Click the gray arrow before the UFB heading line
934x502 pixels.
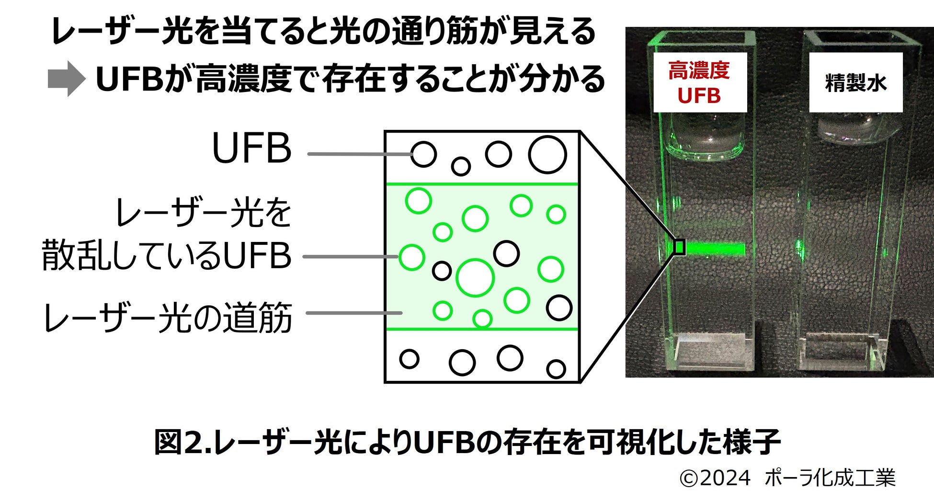tap(67, 79)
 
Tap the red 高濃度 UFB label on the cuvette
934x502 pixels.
tap(699, 83)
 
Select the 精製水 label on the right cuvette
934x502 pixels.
tap(855, 83)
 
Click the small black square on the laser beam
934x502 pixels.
tap(679, 247)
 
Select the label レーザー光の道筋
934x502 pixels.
tap(168, 318)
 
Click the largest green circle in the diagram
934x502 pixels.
tap(475, 278)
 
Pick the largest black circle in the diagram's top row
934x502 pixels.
tap(547, 155)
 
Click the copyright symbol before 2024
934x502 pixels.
tap(688, 479)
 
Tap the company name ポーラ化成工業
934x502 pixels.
tap(830, 478)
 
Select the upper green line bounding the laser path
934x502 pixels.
tap(481, 184)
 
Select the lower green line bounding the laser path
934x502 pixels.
tap(481, 329)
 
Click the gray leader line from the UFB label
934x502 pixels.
tap(359, 154)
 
